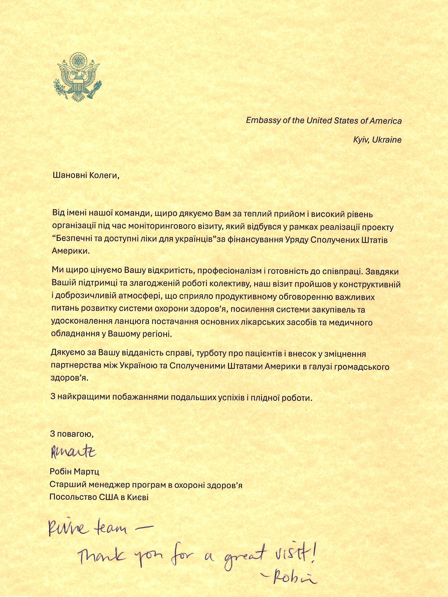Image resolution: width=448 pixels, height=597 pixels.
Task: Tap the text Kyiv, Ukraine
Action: click(x=377, y=140)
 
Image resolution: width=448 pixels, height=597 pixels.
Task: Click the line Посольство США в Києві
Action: click(x=99, y=497)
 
